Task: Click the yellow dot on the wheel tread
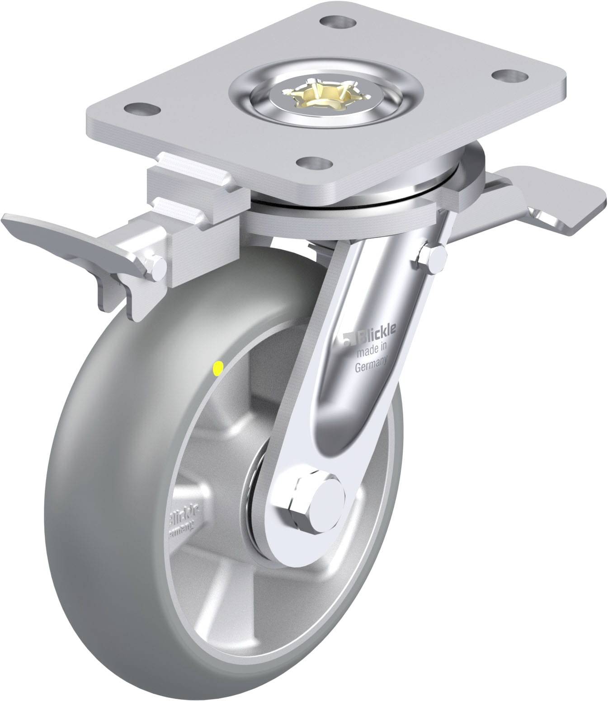click(218, 369)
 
